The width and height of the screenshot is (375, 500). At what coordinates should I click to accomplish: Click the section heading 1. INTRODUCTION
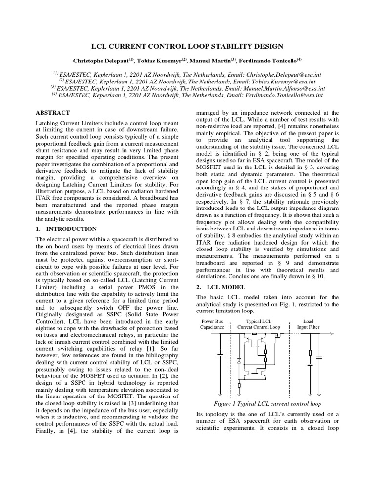click(66, 229)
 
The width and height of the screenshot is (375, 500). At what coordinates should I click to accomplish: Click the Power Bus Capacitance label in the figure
click(211, 324)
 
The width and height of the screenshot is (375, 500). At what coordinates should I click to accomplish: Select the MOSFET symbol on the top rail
click(279, 336)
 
